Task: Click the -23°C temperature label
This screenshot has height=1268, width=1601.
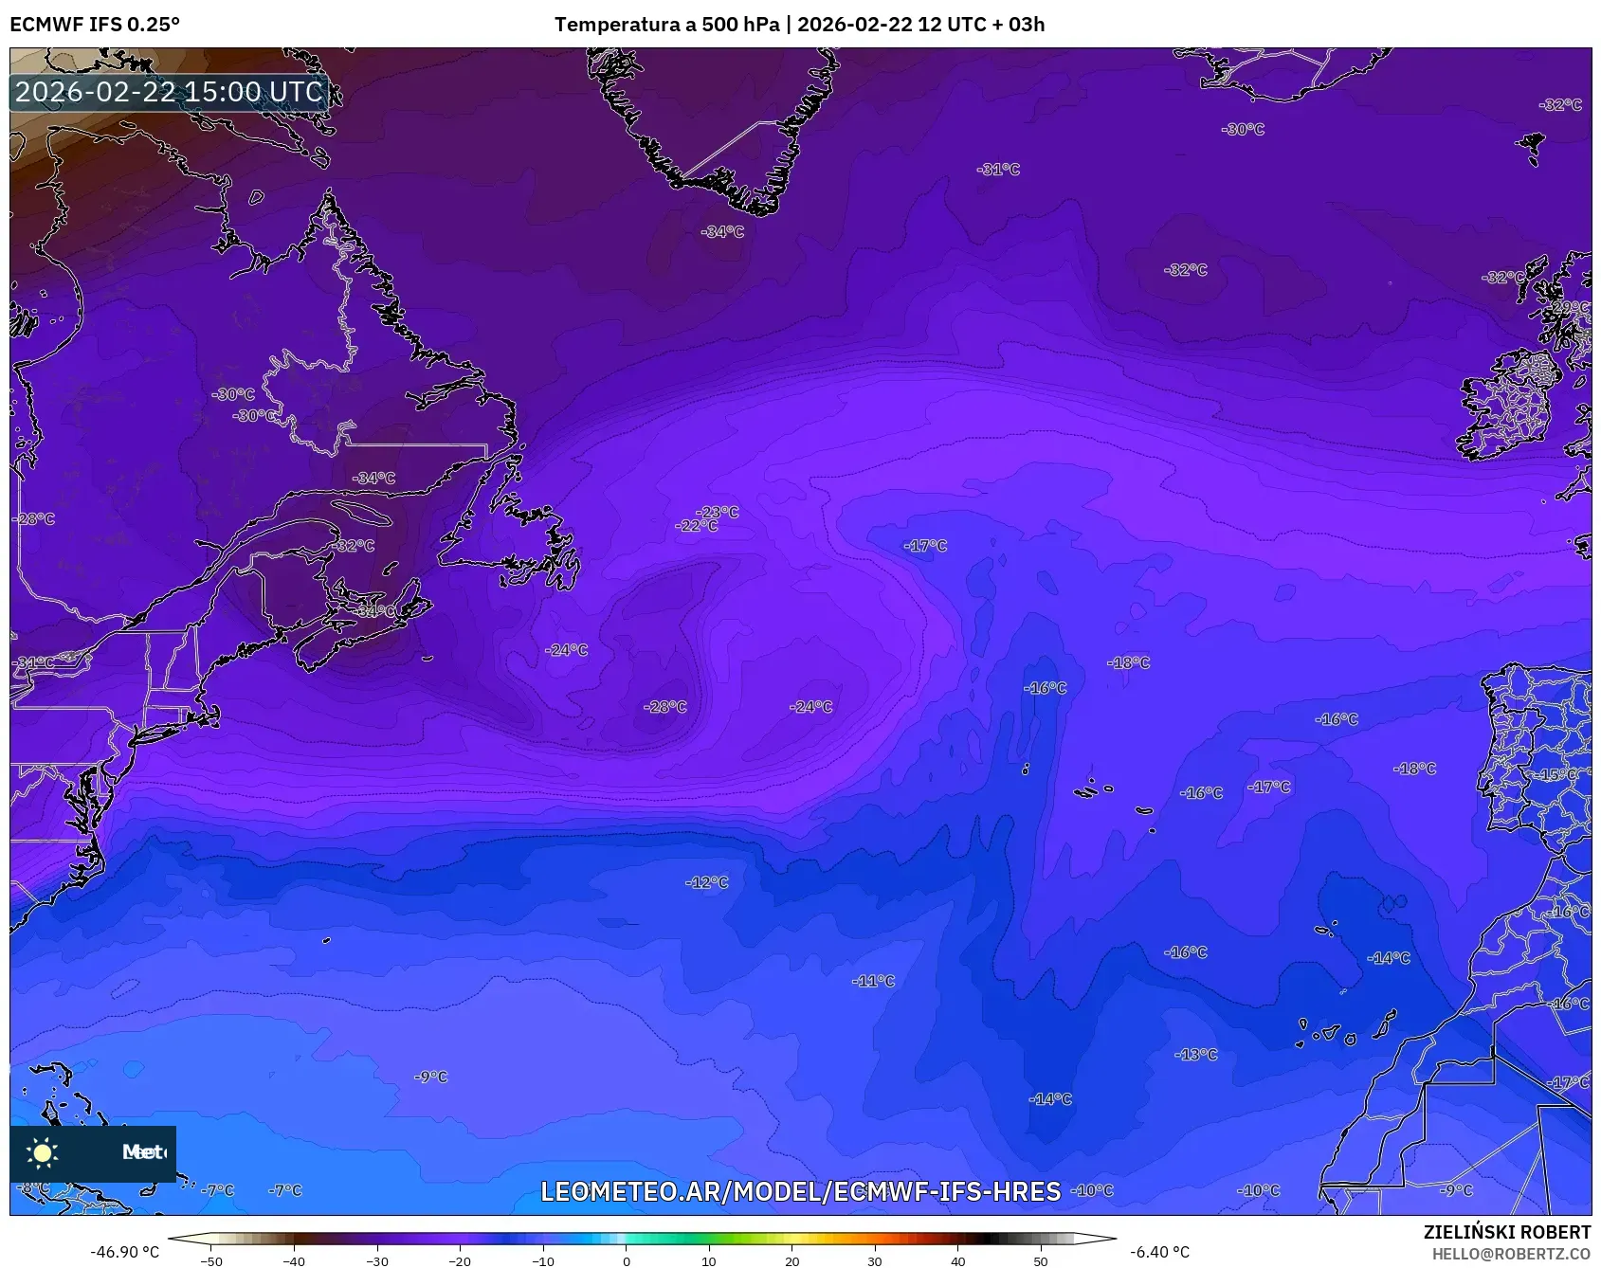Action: (719, 512)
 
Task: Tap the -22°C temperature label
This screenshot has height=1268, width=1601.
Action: (697, 526)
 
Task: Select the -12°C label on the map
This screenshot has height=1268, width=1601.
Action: (707, 882)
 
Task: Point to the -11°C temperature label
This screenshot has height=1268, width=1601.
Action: (873, 981)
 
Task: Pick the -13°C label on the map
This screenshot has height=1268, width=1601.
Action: (1196, 1054)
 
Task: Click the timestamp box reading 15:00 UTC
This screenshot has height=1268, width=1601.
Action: (169, 92)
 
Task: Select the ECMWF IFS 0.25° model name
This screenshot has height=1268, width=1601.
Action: (95, 25)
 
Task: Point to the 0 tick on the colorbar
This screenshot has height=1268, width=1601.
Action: (626, 1260)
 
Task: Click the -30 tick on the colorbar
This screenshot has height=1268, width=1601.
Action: (377, 1260)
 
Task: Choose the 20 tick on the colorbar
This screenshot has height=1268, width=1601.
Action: (791, 1260)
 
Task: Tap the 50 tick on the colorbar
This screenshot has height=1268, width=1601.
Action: (1040, 1260)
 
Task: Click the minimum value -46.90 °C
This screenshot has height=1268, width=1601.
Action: (124, 1252)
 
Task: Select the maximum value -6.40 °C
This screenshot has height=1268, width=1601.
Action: (1159, 1252)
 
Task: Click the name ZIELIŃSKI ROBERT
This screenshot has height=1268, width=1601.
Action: (1506, 1232)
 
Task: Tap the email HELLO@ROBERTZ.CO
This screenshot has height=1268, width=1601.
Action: (1510, 1254)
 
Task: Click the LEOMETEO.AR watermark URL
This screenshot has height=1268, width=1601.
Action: (800, 1191)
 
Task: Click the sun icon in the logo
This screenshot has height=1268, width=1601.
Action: (43, 1152)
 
